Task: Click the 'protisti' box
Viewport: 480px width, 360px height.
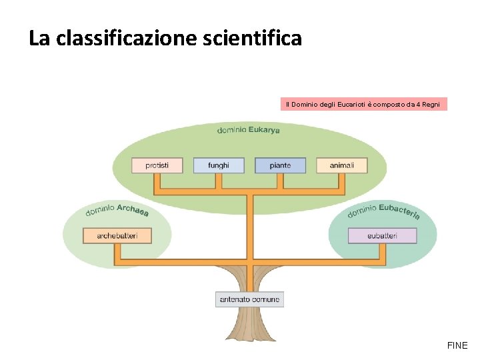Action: click(x=157, y=165)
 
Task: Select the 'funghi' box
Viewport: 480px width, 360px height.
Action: click(x=219, y=165)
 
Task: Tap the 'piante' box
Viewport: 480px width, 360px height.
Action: click(x=280, y=165)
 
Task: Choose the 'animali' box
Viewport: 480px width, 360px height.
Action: click(x=342, y=165)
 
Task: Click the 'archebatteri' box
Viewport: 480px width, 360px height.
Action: click(x=117, y=235)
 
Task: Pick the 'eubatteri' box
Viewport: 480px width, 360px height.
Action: click(x=382, y=235)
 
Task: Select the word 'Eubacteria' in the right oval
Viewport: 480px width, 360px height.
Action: click(x=399, y=211)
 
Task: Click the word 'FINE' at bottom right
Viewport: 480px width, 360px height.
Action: click(x=457, y=345)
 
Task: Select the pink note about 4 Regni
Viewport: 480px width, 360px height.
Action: click(x=363, y=105)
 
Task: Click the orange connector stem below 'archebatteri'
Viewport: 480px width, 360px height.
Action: click(x=117, y=251)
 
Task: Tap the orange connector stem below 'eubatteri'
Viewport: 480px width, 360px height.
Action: click(x=382, y=251)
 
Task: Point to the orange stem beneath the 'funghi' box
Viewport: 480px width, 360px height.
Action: click(x=219, y=181)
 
